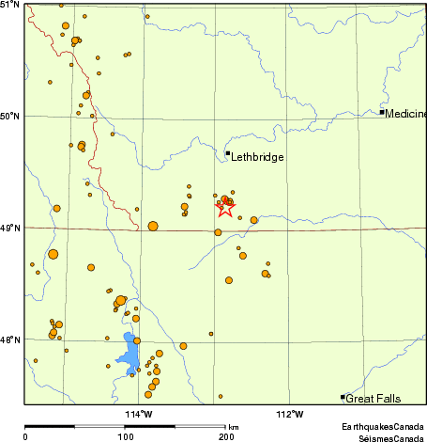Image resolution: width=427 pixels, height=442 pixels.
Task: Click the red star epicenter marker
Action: (x=225, y=208)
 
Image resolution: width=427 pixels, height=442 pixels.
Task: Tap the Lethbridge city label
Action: (x=257, y=157)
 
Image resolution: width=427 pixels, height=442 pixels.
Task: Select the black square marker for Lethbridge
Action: (x=228, y=152)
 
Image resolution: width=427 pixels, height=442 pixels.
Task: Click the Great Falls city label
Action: (x=374, y=399)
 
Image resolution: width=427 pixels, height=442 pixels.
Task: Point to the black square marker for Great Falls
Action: (x=343, y=397)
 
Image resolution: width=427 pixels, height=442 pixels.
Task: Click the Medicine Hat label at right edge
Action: (x=406, y=114)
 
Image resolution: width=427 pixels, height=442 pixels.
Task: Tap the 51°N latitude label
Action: (x=10, y=5)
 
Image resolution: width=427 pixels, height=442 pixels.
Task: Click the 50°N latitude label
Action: (x=10, y=117)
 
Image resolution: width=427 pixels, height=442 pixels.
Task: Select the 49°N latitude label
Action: (x=10, y=228)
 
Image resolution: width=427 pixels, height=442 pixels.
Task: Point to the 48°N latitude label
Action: (x=10, y=339)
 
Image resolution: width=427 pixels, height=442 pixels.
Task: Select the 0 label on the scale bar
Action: (x=25, y=436)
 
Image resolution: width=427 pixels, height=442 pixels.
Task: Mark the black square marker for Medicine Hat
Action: (x=382, y=113)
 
